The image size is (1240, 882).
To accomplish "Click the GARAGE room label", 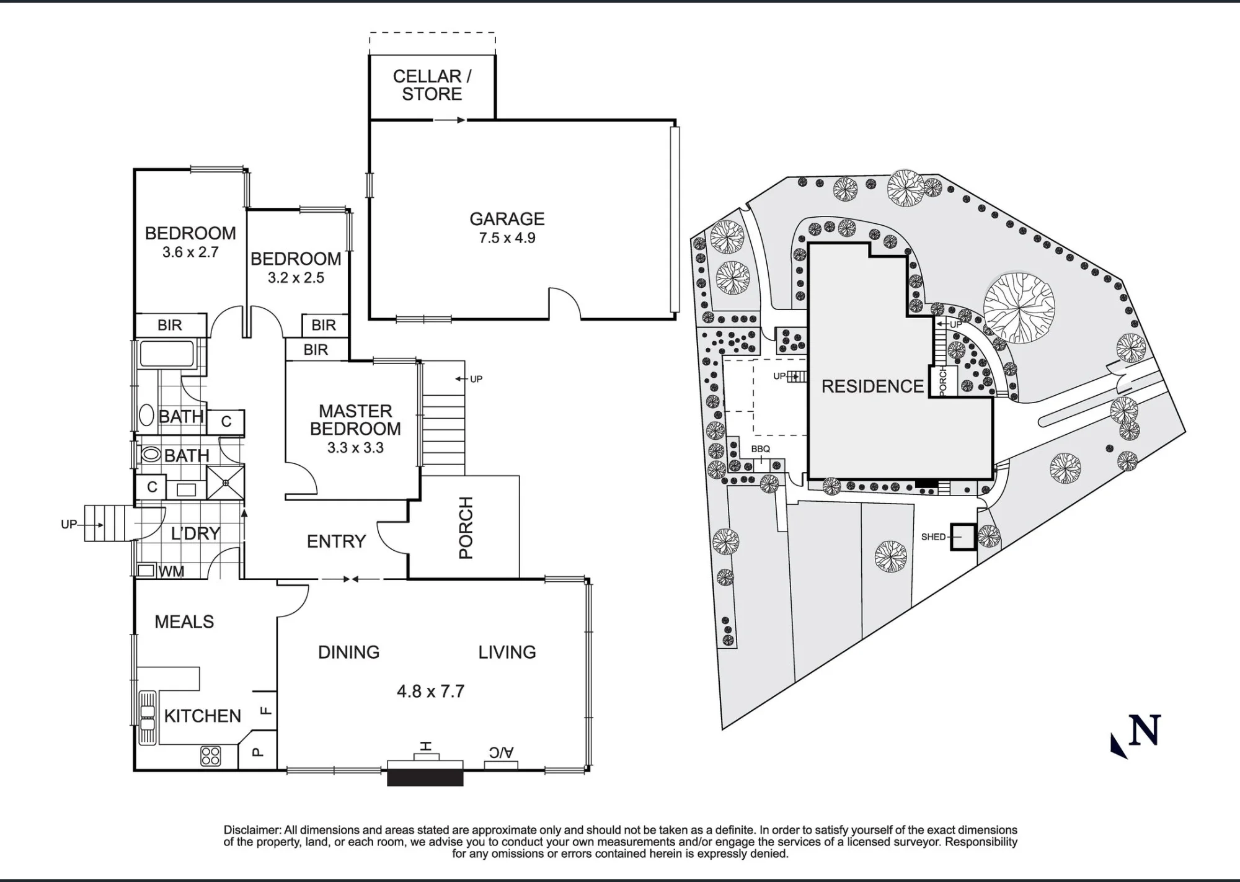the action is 507,219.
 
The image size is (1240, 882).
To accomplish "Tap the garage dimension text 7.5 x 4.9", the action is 507,238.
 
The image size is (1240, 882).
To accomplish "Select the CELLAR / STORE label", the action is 432,85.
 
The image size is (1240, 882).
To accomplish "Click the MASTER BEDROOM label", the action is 355,420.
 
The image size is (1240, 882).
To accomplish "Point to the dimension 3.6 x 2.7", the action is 190,252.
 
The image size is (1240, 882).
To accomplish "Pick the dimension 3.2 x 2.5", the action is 296,278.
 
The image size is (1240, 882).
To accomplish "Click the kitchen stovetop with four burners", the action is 210,755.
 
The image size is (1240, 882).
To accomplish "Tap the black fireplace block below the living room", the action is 425,778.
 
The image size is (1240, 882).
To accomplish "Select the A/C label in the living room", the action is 501,752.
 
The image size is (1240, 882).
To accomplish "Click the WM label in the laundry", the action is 171,572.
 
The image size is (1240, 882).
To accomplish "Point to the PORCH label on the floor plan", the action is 466,528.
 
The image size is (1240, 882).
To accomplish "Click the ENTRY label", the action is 336,541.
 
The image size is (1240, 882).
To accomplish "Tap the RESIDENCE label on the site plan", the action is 872,386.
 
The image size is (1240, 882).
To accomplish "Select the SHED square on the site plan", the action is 963,537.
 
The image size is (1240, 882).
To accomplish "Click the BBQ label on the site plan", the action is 761,449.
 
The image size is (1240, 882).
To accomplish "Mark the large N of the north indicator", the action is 1145,731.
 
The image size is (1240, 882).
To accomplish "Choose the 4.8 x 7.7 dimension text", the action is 430,692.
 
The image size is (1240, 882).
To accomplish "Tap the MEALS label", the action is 184,621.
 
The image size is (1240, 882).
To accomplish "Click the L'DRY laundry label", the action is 195,533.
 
